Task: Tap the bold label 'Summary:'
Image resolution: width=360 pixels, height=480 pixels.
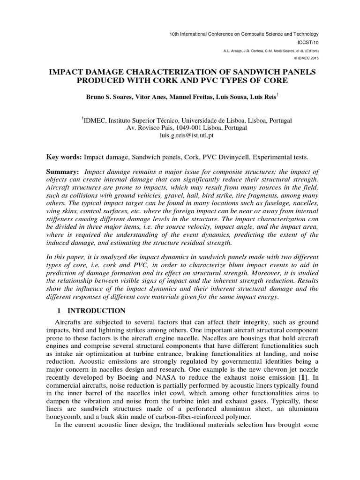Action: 63,172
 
